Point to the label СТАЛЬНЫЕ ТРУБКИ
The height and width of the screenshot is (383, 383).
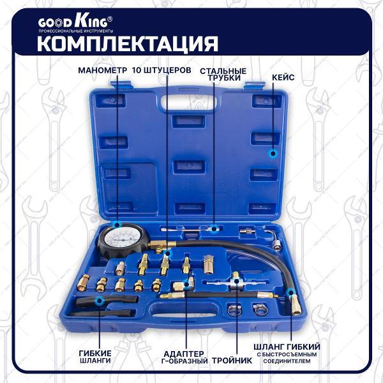(x=223, y=73)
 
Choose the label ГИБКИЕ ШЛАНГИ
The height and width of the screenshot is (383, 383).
(x=96, y=357)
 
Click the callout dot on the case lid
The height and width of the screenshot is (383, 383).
(x=273, y=153)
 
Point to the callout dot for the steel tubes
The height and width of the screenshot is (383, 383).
(x=214, y=227)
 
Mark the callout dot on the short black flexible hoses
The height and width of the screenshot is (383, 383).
(x=98, y=299)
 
